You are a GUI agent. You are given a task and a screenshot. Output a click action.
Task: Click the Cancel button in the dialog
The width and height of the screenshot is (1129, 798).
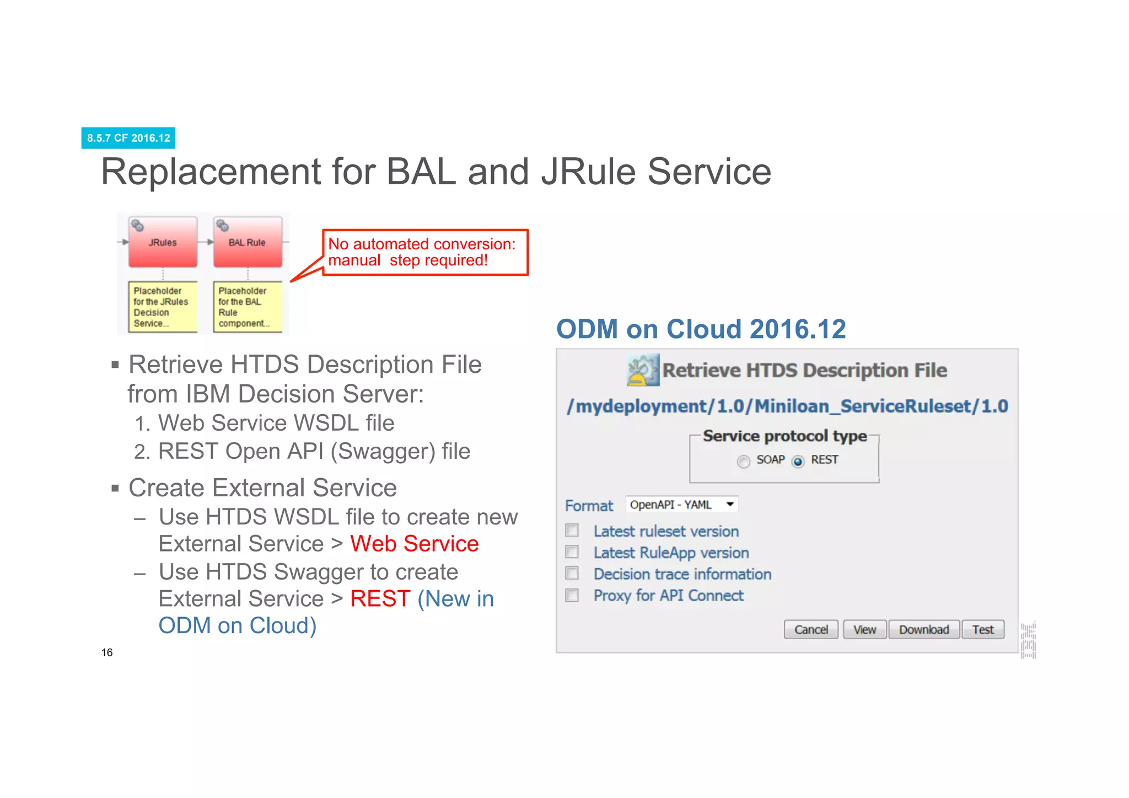pyautogui.click(x=810, y=629)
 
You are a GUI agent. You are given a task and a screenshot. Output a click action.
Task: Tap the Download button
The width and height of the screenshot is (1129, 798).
pyautogui.click(x=923, y=629)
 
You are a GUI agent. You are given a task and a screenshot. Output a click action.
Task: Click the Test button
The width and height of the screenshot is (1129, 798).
pyautogui.click(x=982, y=629)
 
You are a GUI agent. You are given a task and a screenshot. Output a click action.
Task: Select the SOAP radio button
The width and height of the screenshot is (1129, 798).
pyautogui.click(x=744, y=461)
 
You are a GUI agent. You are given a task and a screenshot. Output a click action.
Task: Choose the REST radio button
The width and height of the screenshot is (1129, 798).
pyautogui.click(x=798, y=461)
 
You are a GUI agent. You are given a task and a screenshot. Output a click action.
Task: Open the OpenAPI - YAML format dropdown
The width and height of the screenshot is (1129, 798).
pyautogui.click(x=681, y=505)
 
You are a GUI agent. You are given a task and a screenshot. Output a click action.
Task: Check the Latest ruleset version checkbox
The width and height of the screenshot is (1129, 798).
pyautogui.click(x=572, y=531)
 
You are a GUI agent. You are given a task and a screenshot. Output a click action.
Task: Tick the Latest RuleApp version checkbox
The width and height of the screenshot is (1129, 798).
pyautogui.click(x=572, y=552)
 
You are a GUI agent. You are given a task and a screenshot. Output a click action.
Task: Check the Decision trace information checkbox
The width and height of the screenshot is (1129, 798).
pyautogui.click(x=572, y=574)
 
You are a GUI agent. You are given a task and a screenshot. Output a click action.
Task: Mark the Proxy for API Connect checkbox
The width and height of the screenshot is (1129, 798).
pyautogui.click(x=572, y=595)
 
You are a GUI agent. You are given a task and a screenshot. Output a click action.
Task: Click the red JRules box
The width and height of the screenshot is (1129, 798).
pyautogui.click(x=163, y=242)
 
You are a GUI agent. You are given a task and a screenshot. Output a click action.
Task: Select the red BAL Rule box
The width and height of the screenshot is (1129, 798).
pyautogui.click(x=248, y=242)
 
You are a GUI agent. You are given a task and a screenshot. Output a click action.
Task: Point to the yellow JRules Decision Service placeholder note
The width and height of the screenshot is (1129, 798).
pyautogui.click(x=163, y=307)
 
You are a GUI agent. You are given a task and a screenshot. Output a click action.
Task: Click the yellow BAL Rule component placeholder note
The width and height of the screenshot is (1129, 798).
pyautogui.click(x=248, y=307)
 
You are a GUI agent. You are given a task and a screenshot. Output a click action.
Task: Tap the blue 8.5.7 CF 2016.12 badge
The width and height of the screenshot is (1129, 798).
pyautogui.click(x=128, y=138)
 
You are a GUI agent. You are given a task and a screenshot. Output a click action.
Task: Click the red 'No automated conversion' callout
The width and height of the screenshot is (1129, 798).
pyautogui.click(x=424, y=252)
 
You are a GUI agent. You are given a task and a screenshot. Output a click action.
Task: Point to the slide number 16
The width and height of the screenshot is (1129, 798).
pyautogui.click(x=107, y=652)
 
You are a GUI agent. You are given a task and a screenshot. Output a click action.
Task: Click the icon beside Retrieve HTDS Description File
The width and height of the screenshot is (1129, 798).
pyautogui.click(x=643, y=369)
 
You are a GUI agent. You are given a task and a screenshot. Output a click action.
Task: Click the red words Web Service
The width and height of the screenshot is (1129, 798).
pyautogui.click(x=414, y=544)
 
